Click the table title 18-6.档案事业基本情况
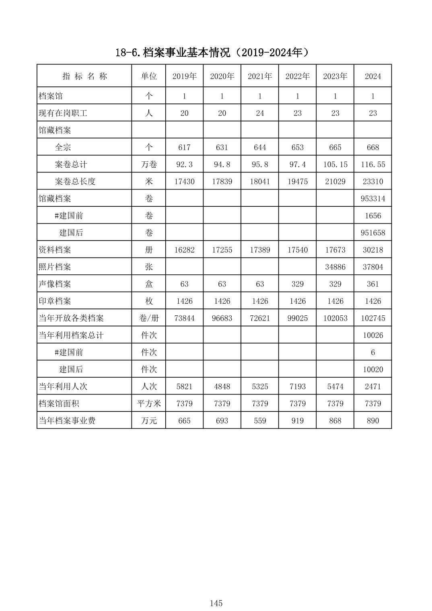coord(212,52)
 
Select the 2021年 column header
coord(260,76)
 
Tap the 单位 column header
coord(149,76)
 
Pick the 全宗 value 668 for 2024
coord(373,147)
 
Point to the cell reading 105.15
coord(335,165)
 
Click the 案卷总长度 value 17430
coord(184,181)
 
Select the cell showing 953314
coord(373,199)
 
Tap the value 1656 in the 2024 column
coord(373,216)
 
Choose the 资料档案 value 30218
coord(373,250)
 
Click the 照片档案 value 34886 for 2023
coord(335,267)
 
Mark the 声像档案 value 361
coord(373,284)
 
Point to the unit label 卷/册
coord(149,318)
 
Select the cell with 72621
coord(260,318)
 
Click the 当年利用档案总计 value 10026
coord(373,335)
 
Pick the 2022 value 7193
coord(298,387)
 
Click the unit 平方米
coord(149,403)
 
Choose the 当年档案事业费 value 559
coord(260,421)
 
